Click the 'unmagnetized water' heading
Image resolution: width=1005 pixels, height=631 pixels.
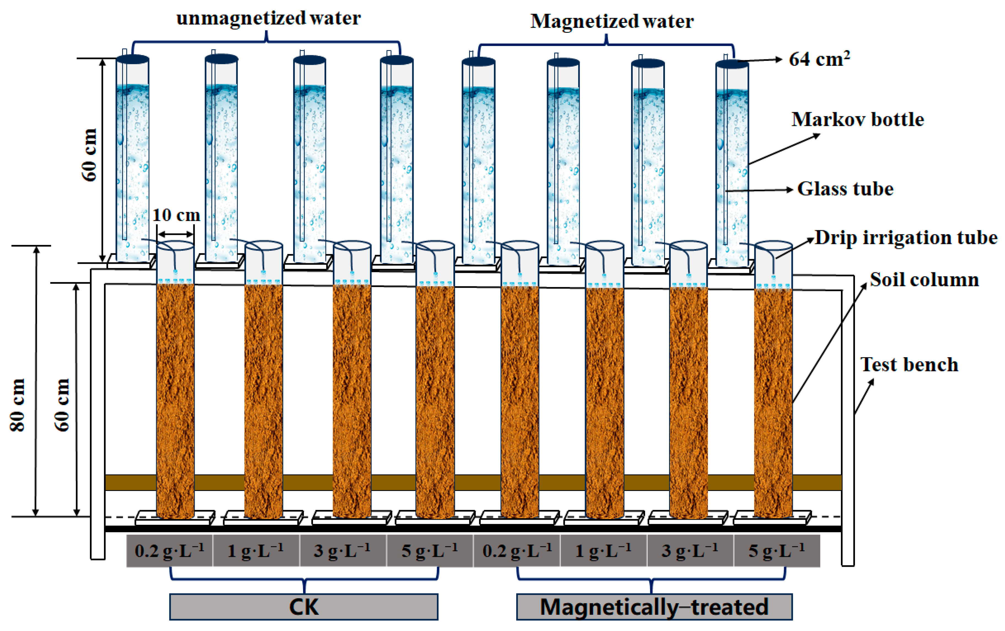tap(268, 18)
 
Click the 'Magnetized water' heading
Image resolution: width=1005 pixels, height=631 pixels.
tap(612, 21)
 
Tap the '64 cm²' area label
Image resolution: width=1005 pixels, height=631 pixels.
tap(819, 59)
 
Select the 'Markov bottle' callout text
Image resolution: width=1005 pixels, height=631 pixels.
tap(858, 120)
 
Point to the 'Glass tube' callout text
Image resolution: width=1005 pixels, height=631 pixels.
tap(845, 189)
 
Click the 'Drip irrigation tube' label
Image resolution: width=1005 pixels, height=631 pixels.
tap(906, 238)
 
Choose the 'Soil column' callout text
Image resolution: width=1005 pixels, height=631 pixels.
tap(924, 280)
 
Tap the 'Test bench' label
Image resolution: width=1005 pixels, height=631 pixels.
tap(909, 364)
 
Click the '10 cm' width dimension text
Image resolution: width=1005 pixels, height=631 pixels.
tap(176, 215)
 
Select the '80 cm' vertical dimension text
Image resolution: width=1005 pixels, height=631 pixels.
tap(18, 405)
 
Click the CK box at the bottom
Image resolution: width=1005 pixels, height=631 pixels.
tap(304, 607)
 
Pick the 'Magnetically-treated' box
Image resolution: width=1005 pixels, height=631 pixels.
tap(654, 607)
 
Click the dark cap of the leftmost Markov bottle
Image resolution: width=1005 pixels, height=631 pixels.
tap(133, 59)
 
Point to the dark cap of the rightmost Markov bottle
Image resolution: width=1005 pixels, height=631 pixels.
tap(732, 64)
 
